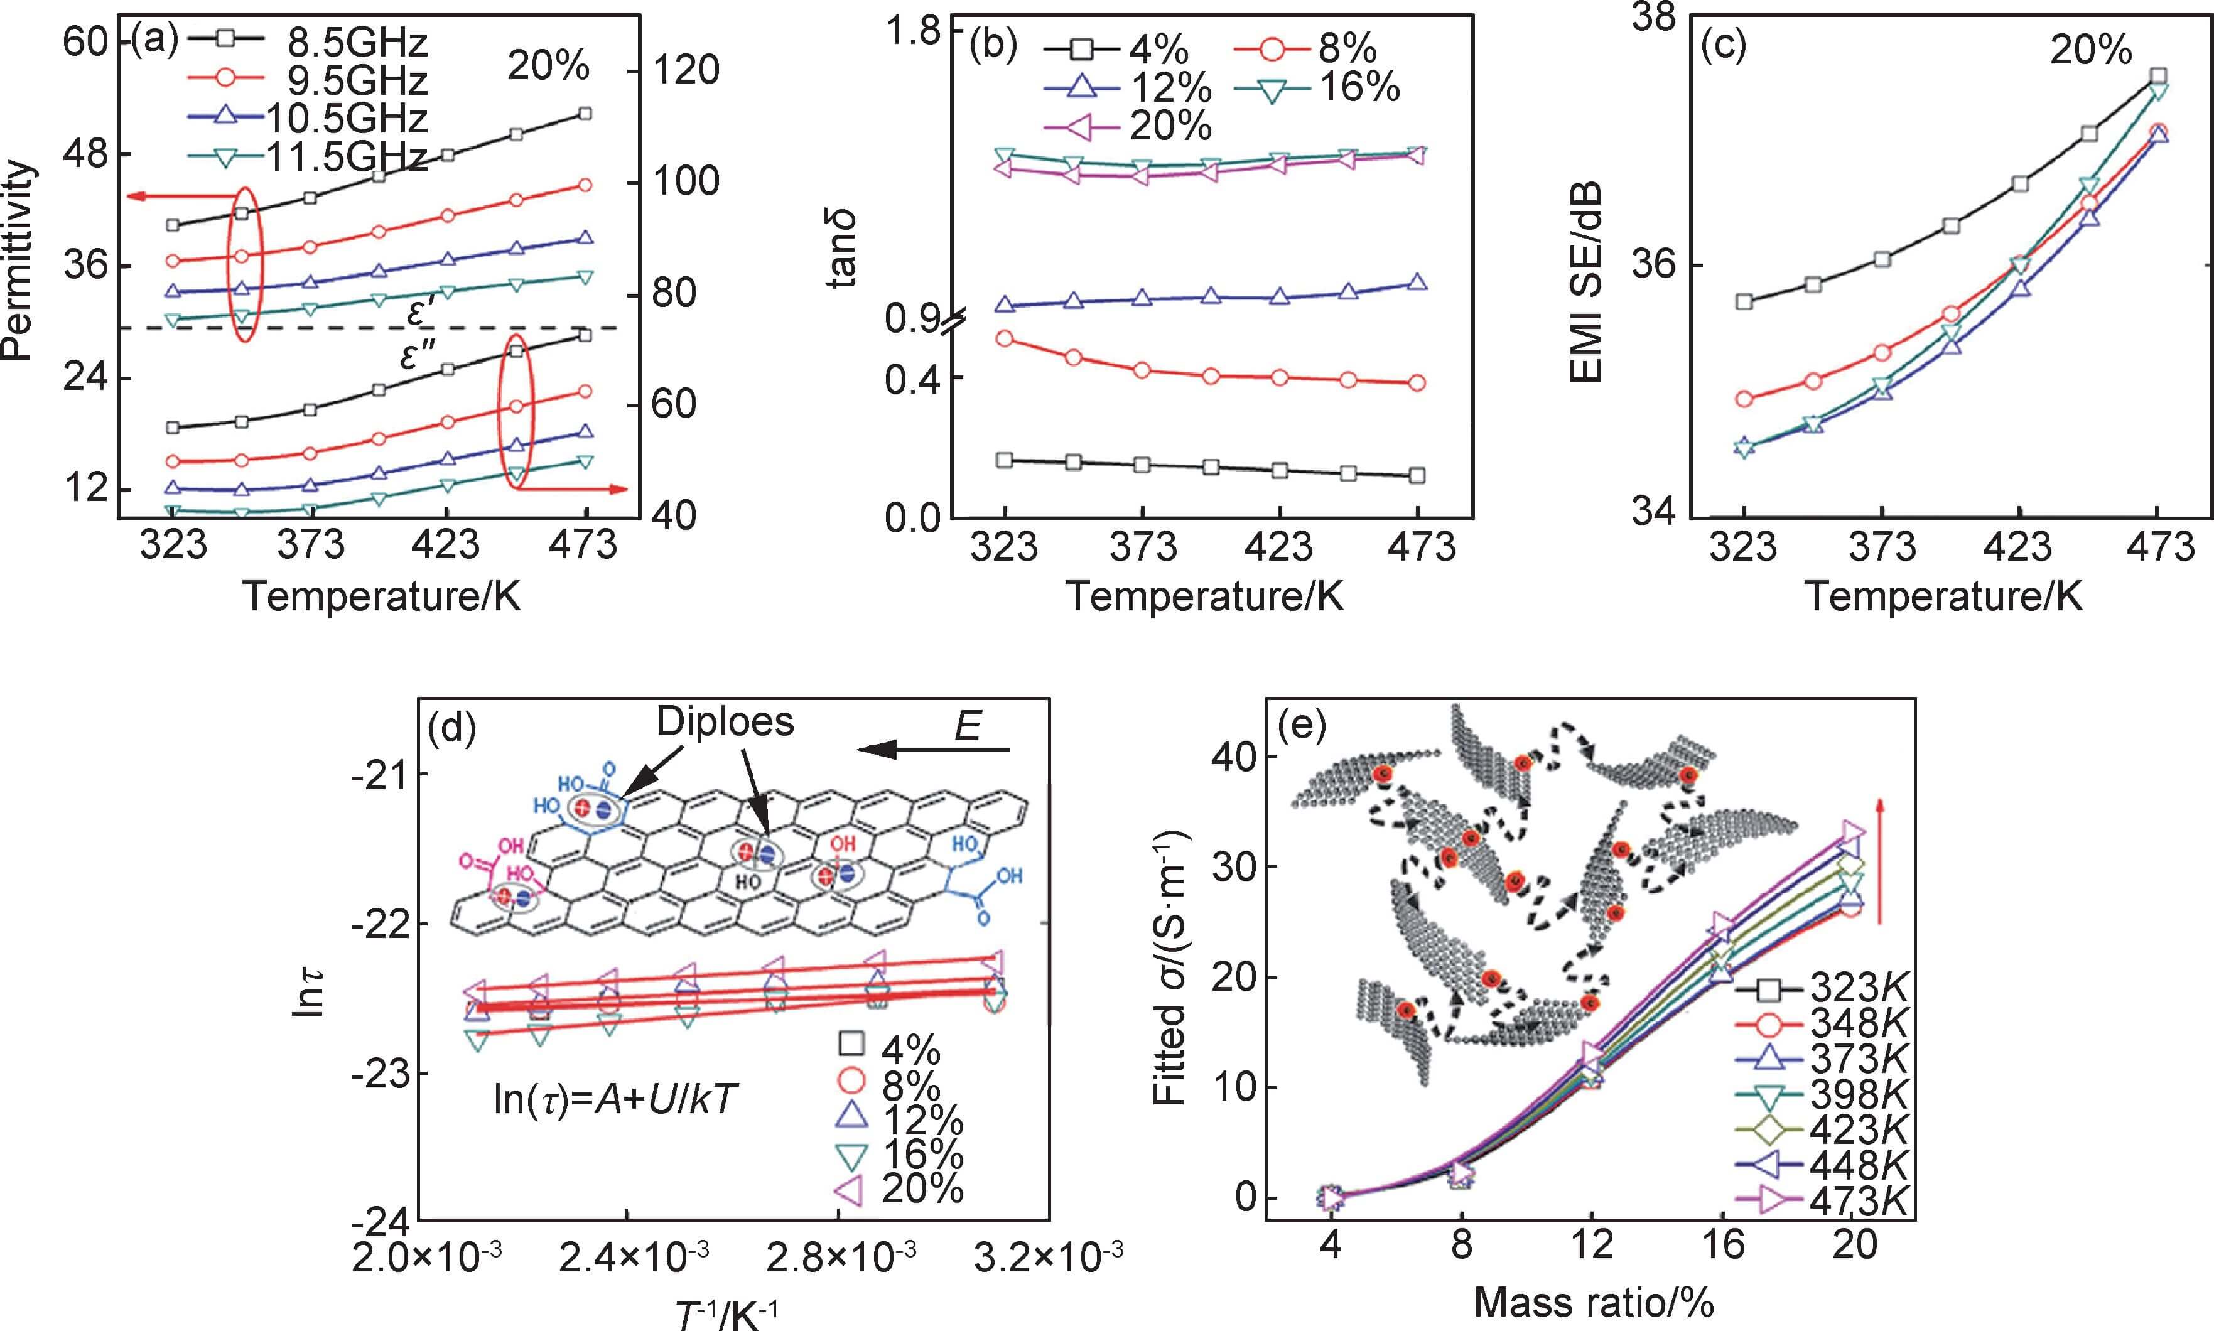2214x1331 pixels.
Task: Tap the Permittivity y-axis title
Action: coord(18,260)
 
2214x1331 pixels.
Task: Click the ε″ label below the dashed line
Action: coord(418,358)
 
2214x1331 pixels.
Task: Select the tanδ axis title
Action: coord(843,247)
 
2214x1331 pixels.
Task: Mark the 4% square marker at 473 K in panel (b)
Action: coord(1417,475)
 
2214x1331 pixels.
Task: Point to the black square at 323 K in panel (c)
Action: coord(1744,301)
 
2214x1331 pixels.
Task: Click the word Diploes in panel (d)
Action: coord(725,722)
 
